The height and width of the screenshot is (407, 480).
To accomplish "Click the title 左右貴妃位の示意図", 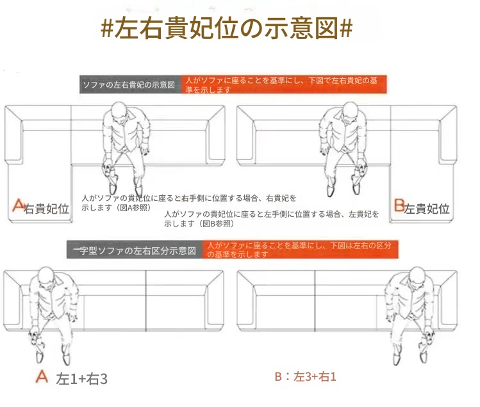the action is coord(226,28).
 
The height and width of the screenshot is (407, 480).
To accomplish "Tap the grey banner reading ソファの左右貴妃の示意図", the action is coord(130,84).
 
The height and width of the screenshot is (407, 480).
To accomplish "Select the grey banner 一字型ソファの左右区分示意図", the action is coord(135,250).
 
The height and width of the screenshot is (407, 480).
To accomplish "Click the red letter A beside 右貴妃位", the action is coord(19,205).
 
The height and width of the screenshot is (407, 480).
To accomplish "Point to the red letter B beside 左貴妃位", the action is coord(399,205).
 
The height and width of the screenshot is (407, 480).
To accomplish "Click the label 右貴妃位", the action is coord(46,209).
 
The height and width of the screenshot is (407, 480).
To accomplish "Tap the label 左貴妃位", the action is coord(427,209).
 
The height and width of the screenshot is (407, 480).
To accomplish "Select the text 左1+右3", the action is coord(82,379).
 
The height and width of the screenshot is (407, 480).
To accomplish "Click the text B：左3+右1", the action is coord(305,376).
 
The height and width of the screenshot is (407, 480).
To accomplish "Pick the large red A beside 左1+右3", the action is coord(42,376).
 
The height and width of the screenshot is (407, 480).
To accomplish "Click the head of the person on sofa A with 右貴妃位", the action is coord(119,110).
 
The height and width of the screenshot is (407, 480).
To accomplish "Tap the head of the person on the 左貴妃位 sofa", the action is coord(351,110).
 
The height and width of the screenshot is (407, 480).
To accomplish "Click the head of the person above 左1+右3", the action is coord(46,275).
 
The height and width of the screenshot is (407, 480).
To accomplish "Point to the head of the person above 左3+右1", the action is coord(417,275).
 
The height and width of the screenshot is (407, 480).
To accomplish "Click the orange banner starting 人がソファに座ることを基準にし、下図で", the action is coord(284,84).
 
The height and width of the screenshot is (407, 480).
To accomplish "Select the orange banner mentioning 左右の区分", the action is coord(300,250).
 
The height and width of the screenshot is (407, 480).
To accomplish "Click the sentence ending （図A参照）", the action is coord(188,203).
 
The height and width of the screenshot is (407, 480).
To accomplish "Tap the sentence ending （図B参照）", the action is coord(271,219).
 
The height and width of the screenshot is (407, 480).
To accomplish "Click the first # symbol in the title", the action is coord(107,28).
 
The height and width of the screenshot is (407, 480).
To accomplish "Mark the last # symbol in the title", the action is coord(346,28).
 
